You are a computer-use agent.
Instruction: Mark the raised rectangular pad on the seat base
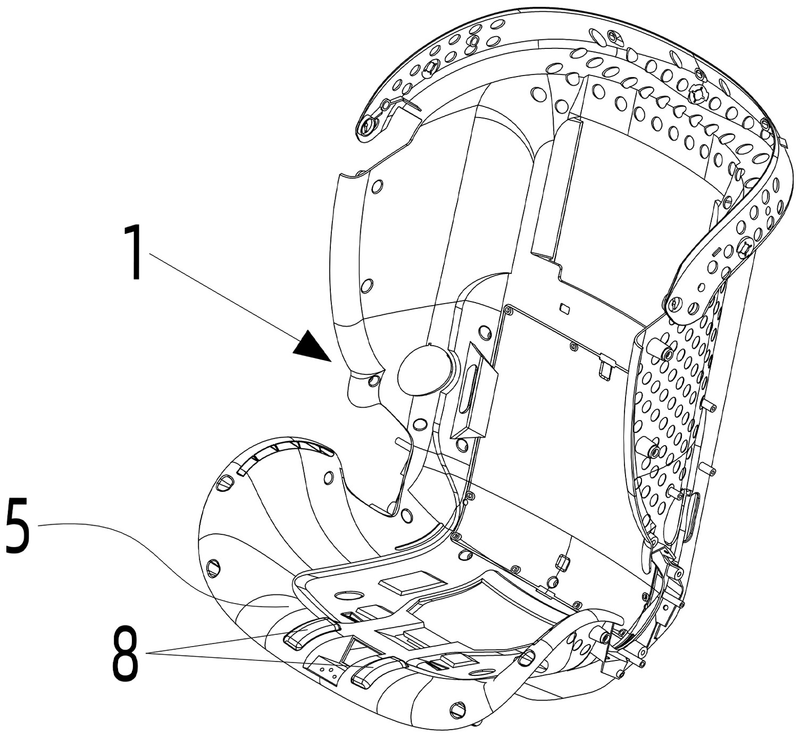(x=407, y=582)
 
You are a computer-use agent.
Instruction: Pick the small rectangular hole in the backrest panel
(x=565, y=308)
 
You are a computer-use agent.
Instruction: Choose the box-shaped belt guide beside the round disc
(x=473, y=391)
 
